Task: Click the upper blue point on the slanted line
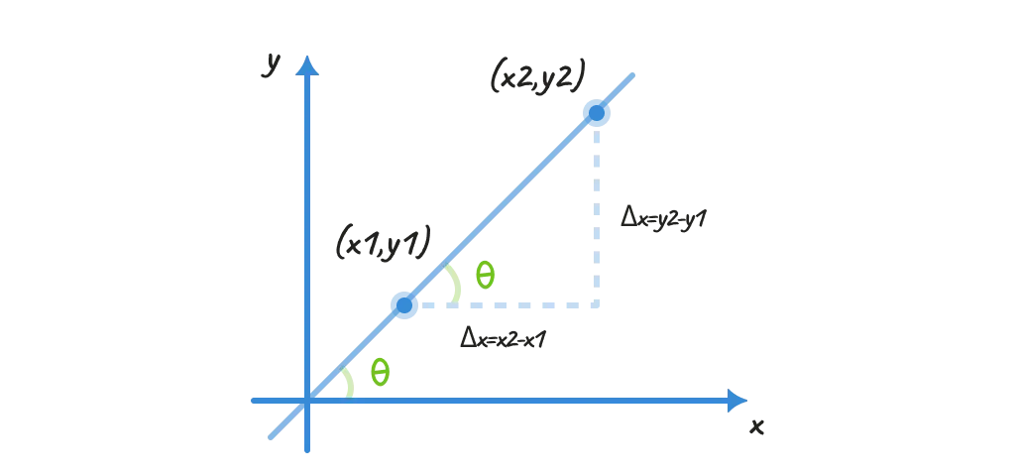tap(596, 113)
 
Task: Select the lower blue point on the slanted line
tap(403, 305)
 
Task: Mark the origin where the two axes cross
tap(311, 401)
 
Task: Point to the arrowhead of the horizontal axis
tap(735, 401)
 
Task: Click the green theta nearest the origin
tap(380, 373)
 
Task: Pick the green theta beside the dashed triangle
tap(485, 274)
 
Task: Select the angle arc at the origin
tap(348, 382)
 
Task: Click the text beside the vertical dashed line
tap(654, 216)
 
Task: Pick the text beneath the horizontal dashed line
tap(504, 339)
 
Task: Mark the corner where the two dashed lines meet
tap(596, 305)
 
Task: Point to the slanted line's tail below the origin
tap(270, 437)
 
